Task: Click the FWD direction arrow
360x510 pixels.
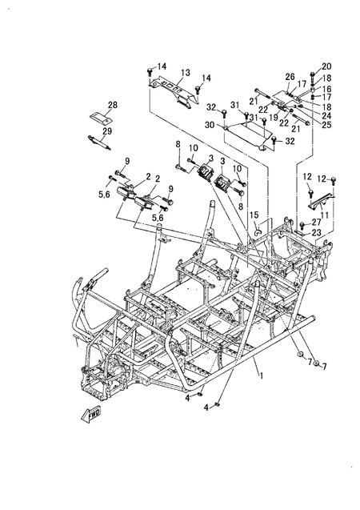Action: tap(91, 414)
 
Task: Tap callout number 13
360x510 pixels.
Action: tap(186, 73)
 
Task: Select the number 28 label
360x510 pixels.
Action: tap(113, 105)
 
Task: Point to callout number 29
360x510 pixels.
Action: tap(107, 131)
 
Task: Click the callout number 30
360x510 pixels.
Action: tap(210, 125)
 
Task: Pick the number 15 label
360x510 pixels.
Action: tap(254, 215)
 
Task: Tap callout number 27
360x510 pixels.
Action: tap(317, 222)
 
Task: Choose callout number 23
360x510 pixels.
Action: tap(317, 232)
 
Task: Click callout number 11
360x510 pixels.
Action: tap(324, 215)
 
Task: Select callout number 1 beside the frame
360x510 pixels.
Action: tap(262, 375)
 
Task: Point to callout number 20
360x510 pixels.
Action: tap(326, 66)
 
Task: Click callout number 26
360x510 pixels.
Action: tap(290, 77)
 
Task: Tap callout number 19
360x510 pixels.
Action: tap(274, 117)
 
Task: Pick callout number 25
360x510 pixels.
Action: tap(326, 125)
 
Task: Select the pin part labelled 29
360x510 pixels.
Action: tap(99, 143)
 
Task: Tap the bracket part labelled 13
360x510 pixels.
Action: tap(174, 90)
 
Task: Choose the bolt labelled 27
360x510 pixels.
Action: tap(302, 225)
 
